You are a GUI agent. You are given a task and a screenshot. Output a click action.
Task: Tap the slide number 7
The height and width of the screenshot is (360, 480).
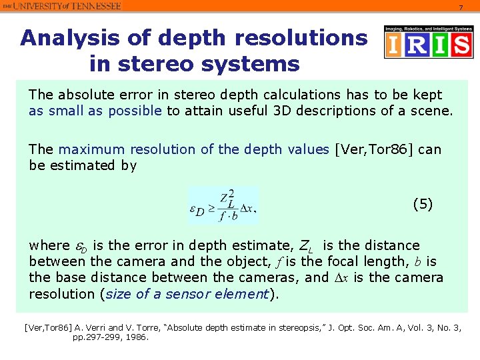click(x=459, y=7)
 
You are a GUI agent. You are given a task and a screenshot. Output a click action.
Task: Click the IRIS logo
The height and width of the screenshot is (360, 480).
click(x=428, y=43)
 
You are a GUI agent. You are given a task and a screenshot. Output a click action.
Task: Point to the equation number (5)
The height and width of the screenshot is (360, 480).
click(x=423, y=204)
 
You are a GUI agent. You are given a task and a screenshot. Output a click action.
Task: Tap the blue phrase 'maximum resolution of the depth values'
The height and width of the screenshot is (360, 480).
click(x=194, y=149)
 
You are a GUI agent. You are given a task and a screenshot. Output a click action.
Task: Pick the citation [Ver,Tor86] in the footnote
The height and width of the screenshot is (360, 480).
click(x=46, y=327)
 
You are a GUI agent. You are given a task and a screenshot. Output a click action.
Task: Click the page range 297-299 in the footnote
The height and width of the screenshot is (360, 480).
click(x=107, y=337)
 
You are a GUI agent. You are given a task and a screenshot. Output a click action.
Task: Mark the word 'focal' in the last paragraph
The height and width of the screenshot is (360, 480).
click(x=329, y=261)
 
